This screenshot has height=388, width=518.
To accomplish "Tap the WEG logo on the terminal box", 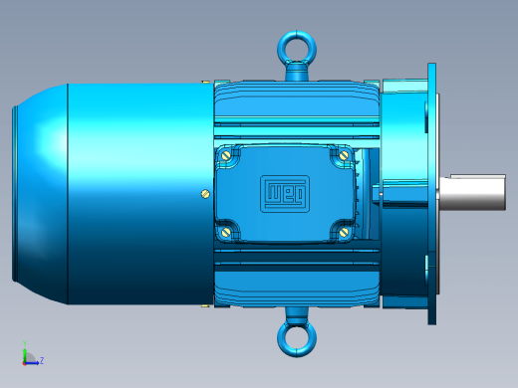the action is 285,194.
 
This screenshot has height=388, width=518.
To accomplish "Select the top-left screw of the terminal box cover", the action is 226,154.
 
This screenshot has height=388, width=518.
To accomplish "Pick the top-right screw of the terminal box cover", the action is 344,154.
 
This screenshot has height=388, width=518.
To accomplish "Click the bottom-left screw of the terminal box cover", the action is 226,232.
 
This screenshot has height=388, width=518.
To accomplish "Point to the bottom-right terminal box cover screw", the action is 344,232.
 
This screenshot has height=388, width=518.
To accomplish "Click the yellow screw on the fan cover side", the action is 205,194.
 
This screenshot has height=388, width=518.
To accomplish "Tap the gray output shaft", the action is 472,192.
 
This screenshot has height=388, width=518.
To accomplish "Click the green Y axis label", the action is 25,343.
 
